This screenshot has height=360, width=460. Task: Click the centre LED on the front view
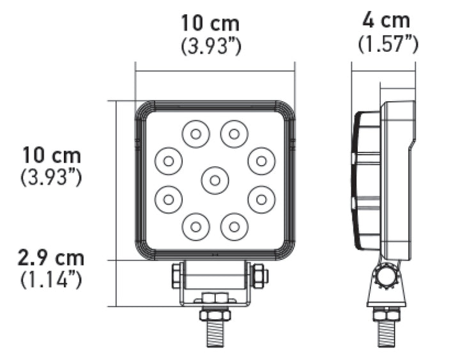click(x=215, y=180)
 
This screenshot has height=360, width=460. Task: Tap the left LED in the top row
click(x=195, y=134)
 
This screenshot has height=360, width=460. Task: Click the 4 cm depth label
click(x=386, y=20)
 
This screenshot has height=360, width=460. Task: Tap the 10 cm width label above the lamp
click(x=210, y=24)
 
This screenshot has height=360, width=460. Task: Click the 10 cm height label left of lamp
click(x=51, y=155)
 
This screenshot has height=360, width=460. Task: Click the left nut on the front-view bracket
click(x=176, y=276)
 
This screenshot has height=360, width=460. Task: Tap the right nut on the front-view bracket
click(x=259, y=276)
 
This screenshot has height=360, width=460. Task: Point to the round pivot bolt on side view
click(x=387, y=276)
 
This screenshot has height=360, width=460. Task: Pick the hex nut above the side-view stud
click(x=387, y=315)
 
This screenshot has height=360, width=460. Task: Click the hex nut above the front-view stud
click(x=215, y=315)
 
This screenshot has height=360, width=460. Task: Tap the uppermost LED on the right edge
click(x=261, y=160)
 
